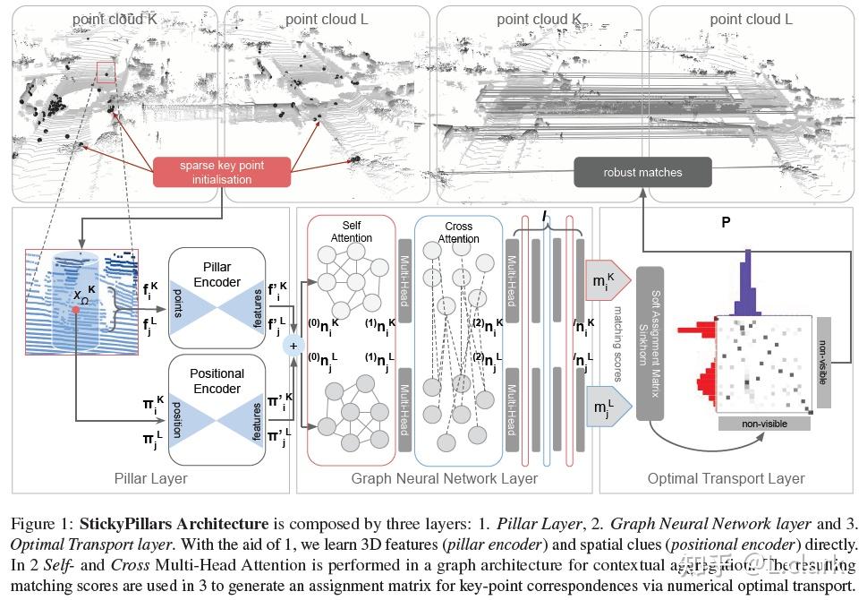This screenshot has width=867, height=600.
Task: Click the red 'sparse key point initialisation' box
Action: (222, 172)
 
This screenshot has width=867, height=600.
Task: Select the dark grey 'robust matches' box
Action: (642, 172)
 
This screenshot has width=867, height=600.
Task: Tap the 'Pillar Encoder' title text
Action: (217, 275)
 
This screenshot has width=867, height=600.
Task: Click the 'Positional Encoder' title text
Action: (217, 381)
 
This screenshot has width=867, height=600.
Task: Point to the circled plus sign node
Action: (291, 345)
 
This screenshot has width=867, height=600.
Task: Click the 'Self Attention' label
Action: (352, 231)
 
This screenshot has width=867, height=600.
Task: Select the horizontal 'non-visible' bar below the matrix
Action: (763, 424)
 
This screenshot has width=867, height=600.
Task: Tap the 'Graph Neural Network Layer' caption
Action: (445, 478)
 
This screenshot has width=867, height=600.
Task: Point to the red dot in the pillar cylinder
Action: (76, 310)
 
